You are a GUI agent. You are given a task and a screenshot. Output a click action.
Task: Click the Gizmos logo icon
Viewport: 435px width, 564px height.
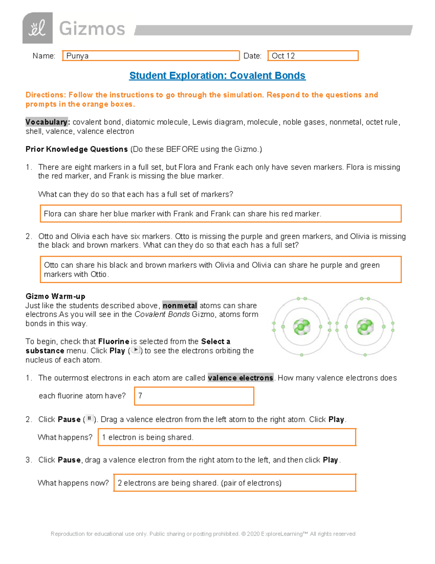37,28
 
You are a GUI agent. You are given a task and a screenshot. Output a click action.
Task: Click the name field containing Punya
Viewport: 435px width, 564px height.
151,56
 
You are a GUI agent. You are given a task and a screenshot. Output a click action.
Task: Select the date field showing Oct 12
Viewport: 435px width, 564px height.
312,56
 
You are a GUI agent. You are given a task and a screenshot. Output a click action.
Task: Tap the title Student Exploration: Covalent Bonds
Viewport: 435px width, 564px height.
217,76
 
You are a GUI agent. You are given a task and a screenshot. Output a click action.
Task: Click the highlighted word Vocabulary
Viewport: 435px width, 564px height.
46,122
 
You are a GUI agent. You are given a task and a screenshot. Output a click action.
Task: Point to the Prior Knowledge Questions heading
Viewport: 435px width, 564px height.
76,149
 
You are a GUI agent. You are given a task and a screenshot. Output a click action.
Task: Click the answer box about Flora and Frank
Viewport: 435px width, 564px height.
220,214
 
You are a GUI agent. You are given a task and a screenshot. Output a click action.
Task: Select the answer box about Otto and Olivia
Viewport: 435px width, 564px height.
220,269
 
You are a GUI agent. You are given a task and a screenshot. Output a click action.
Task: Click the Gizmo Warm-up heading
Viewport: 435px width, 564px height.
55,296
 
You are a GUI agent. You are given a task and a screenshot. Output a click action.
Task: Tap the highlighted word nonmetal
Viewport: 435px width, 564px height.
180,305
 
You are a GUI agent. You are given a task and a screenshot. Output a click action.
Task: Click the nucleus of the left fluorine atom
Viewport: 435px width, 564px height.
302,326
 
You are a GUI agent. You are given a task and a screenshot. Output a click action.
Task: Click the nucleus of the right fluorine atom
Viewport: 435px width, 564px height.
365,326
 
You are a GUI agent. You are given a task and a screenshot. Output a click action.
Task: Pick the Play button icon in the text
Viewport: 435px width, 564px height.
136,350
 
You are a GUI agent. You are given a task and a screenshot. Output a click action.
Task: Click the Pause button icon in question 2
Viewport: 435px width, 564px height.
89,418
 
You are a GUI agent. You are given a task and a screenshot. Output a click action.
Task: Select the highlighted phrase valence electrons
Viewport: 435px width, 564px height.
240,378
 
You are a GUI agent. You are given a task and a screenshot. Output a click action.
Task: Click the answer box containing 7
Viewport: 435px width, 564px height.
194,396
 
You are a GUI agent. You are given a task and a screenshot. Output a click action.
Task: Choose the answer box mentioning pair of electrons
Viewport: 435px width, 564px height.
235,483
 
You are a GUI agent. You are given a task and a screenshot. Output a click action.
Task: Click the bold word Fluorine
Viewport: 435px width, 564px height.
113,341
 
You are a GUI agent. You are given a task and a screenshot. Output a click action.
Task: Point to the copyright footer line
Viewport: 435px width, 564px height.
203,534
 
